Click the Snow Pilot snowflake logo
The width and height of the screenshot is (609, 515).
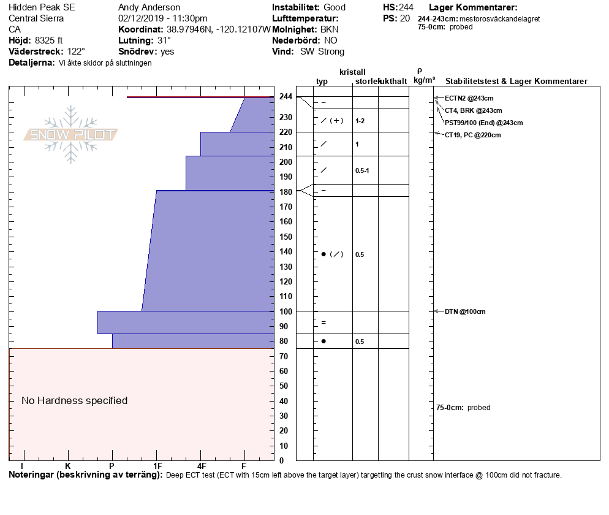[x=71, y=134]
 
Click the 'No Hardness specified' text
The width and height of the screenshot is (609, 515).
[x=75, y=401]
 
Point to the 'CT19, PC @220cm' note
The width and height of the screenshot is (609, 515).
[x=472, y=135]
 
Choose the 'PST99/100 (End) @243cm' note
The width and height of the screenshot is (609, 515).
[x=483, y=123]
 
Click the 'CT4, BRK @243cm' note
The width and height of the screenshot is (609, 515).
[x=473, y=110]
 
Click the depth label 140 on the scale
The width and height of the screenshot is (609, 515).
[x=286, y=252]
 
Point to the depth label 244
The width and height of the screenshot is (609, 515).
[x=286, y=97]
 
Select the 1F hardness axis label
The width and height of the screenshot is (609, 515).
[x=157, y=467]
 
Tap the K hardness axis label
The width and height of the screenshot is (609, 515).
[x=68, y=467]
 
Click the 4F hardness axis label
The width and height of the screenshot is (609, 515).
[x=201, y=467]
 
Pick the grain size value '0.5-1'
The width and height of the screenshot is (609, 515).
[x=362, y=170]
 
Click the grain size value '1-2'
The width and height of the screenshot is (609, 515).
[x=360, y=121]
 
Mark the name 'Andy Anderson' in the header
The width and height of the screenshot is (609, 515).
[x=149, y=7]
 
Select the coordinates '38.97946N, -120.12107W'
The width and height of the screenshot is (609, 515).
[x=219, y=29]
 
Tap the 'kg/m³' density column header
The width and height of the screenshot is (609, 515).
[x=424, y=80]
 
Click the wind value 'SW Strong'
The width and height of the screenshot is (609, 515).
[x=322, y=51]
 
